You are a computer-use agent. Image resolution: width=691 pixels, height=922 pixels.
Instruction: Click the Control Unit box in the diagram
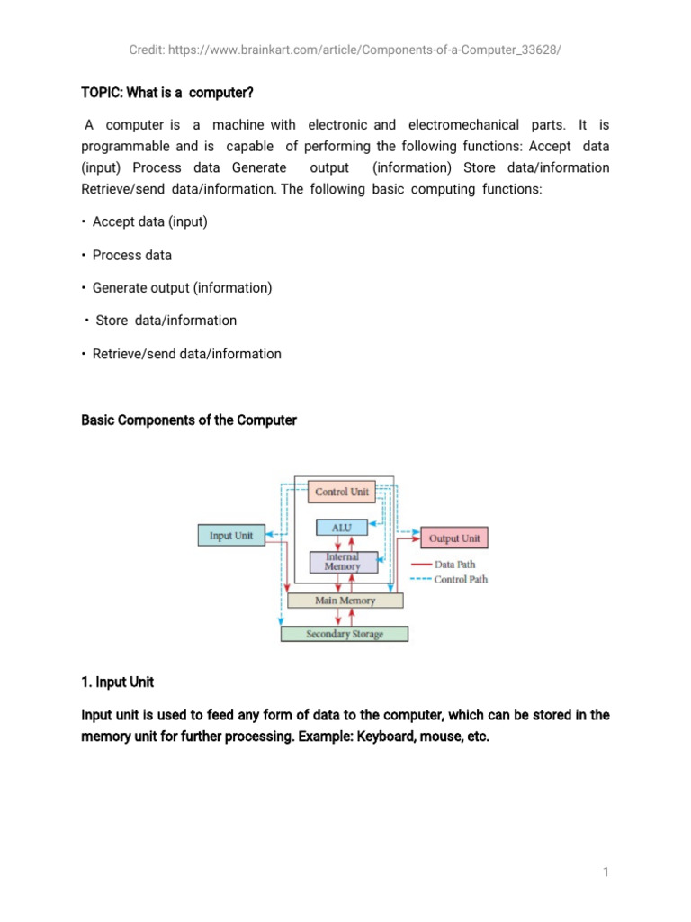(x=342, y=493)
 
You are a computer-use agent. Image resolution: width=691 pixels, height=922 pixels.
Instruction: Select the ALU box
(x=342, y=528)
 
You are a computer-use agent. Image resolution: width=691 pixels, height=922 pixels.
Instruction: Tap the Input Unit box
(x=231, y=536)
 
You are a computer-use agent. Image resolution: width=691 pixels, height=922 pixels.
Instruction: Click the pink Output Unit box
(x=454, y=538)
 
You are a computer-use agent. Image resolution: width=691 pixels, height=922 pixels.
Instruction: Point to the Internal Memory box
(x=342, y=562)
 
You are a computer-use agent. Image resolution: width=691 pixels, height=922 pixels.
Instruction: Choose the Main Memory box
(x=345, y=600)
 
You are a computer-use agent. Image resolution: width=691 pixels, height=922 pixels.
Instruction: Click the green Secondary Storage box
(x=345, y=634)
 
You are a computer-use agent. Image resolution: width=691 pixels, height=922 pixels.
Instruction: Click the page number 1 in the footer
(x=606, y=872)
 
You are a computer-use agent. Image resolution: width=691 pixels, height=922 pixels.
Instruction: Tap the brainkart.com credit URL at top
(x=345, y=50)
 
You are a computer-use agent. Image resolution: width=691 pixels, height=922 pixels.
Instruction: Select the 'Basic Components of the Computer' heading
(x=189, y=420)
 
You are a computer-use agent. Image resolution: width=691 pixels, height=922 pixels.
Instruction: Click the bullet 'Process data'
(x=131, y=255)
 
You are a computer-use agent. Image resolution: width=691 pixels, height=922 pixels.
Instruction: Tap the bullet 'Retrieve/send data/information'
(x=186, y=354)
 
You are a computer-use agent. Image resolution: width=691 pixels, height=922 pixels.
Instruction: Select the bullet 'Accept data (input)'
(x=149, y=221)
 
